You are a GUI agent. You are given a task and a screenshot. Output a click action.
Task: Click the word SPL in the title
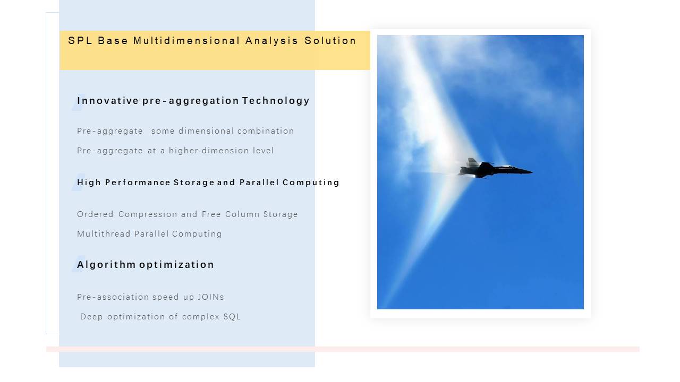click(80, 41)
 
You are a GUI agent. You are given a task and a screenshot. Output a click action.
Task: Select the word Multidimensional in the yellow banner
click(186, 41)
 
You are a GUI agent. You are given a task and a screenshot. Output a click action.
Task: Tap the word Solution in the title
click(330, 41)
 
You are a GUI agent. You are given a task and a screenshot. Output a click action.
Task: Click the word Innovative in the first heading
click(108, 101)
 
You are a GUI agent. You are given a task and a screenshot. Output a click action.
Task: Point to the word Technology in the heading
click(276, 101)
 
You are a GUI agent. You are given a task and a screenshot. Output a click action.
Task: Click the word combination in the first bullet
click(266, 131)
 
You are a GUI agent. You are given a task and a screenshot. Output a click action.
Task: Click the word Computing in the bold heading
click(311, 183)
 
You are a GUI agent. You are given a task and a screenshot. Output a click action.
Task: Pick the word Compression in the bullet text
click(148, 214)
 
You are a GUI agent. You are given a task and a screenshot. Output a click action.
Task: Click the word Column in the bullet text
click(242, 214)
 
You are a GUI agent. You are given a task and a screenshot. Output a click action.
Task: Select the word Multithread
click(104, 234)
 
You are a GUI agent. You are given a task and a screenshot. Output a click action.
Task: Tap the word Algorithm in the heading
click(106, 265)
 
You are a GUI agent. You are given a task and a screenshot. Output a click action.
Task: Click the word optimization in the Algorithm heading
click(177, 265)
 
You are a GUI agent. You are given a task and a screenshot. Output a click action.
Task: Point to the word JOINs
click(211, 297)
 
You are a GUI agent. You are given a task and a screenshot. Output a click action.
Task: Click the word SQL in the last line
click(232, 317)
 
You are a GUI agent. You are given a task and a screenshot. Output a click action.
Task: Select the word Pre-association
click(113, 297)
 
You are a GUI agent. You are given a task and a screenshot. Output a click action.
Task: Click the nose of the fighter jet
click(531, 172)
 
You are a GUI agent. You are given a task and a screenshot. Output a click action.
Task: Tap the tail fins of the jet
click(472, 162)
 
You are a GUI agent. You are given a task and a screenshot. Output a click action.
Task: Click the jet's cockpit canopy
click(506, 167)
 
